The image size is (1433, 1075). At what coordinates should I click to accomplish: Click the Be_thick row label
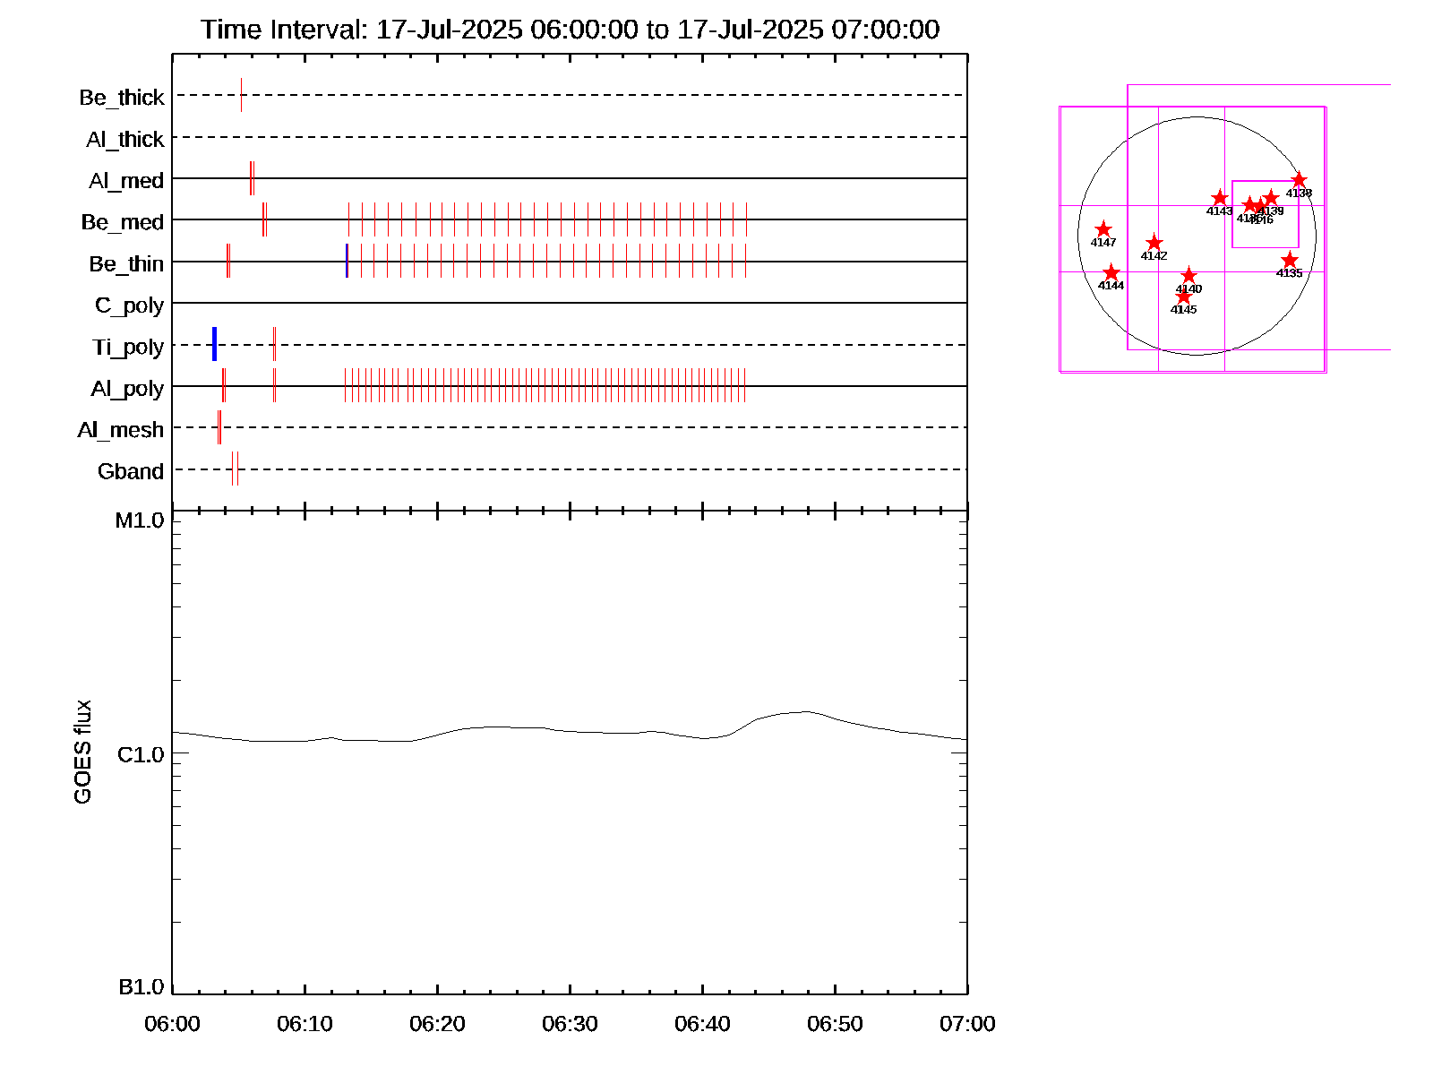click(122, 98)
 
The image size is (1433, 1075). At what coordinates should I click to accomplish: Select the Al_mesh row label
click(121, 430)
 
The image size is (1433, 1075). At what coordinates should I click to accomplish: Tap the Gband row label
click(131, 471)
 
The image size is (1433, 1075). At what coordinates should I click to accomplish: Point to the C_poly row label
click(129, 305)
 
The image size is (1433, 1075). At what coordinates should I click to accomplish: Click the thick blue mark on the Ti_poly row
click(214, 344)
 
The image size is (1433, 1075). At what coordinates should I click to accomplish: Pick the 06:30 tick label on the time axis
click(570, 1024)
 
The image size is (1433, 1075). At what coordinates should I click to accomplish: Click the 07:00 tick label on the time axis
click(967, 1024)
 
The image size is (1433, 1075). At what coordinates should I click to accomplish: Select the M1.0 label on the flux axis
click(141, 520)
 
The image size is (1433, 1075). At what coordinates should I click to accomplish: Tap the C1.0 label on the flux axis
click(141, 755)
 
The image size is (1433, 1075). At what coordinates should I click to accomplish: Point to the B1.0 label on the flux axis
click(142, 987)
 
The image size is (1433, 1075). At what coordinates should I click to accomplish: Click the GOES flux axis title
click(82, 752)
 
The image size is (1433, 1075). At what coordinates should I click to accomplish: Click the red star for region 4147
click(1103, 229)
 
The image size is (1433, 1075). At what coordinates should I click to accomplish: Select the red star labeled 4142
click(1154, 243)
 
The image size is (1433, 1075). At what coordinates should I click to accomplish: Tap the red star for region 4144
click(1111, 272)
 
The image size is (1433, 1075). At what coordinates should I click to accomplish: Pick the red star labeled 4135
click(1289, 261)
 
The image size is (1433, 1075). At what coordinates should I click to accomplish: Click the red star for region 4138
click(1299, 180)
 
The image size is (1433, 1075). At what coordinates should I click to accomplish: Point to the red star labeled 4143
click(1219, 198)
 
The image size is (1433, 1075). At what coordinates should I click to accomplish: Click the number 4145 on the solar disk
click(1183, 310)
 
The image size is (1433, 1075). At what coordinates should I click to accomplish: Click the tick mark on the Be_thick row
click(241, 95)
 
